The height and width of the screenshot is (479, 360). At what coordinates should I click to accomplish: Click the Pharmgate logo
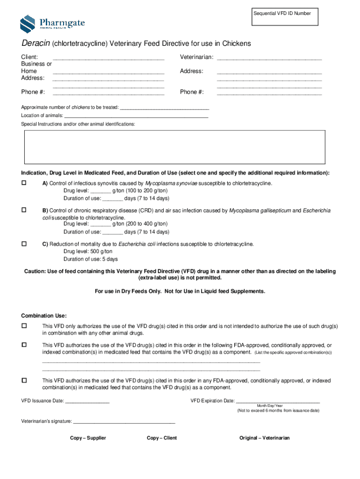(x=52, y=24)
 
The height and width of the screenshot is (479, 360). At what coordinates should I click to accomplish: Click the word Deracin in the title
(x=36, y=44)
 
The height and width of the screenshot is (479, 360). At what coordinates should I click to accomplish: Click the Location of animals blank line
(x=136, y=116)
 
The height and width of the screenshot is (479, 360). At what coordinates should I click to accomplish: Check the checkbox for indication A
(x=24, y=183)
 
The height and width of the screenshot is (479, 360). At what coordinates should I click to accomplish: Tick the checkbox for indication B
(x=24, y=210)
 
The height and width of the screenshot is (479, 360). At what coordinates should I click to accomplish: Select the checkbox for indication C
(x=24, y=244)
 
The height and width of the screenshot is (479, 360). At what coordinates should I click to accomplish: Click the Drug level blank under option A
(x=101, y=191)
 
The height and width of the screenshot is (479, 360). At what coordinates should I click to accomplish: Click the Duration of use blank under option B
(x=112, y=232)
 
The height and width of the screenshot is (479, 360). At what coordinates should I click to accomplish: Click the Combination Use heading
(x=44, y=315)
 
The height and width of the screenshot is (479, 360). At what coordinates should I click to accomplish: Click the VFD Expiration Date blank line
(x=278, y=401)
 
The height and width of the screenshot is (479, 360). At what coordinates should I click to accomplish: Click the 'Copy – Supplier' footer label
(x=88, y=438)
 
